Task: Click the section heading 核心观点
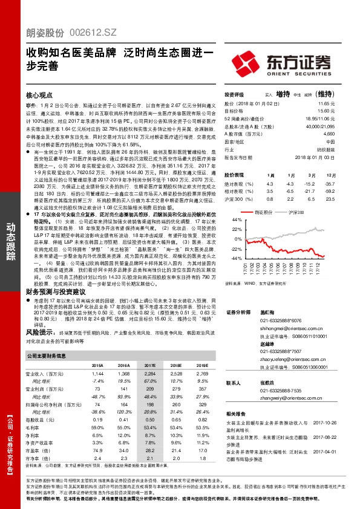click(x=42, y=96)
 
